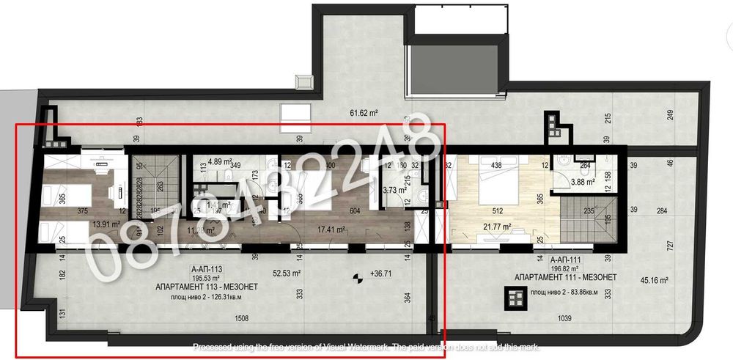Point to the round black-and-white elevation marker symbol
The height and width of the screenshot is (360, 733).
pos(358,277)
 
